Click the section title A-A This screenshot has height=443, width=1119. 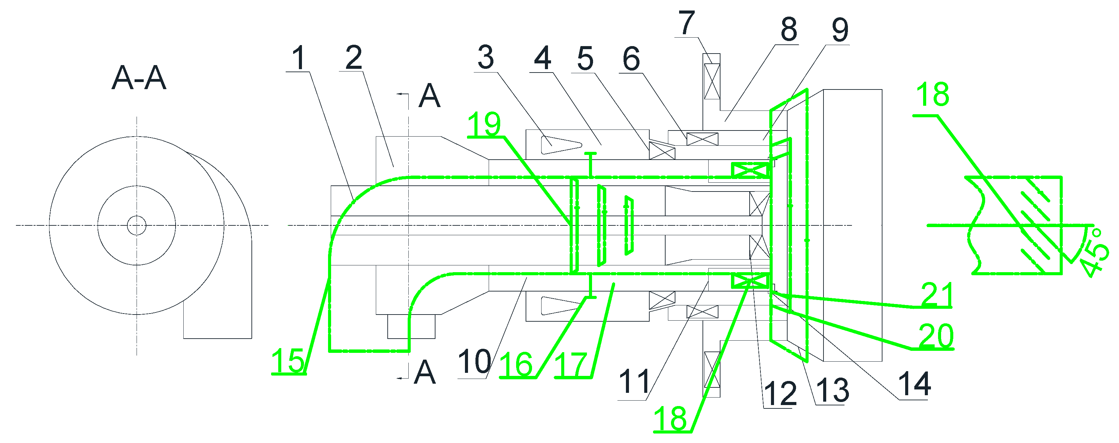coord(139,78)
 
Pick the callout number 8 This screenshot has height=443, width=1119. coord(789,29)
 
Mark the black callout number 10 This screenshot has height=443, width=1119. coord(474,361)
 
